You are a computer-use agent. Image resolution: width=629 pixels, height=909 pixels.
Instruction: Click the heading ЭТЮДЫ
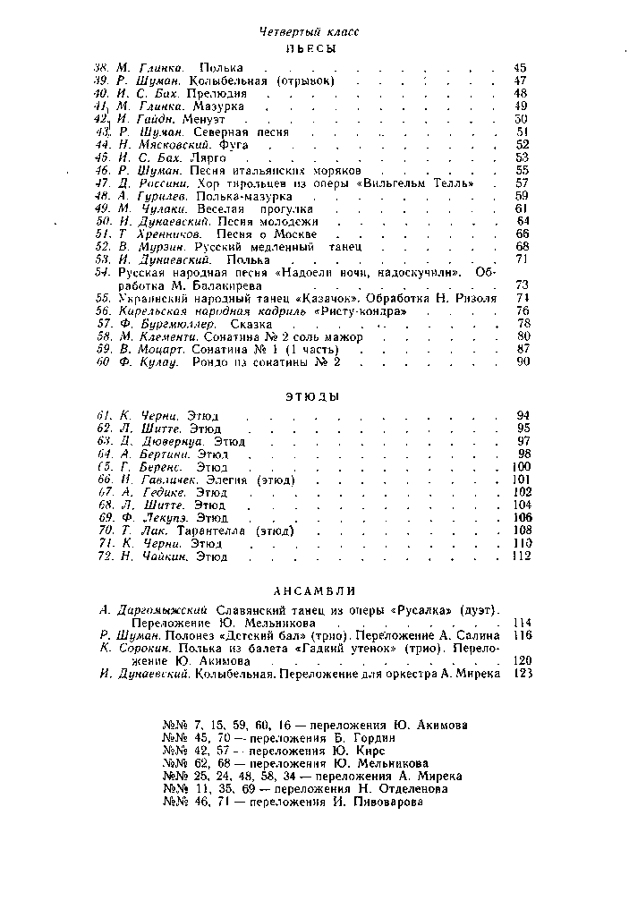(313, 397)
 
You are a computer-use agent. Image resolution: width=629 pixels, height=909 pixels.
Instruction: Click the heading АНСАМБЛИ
(313, 590)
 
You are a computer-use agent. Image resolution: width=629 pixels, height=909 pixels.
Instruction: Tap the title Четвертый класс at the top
(309, 31)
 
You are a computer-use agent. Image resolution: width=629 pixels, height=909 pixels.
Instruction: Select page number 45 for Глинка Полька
(521, 67)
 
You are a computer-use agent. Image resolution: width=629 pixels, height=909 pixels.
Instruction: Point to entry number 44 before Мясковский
(104, 144)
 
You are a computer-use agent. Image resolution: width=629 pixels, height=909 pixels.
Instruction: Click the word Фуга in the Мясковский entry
(232, 144)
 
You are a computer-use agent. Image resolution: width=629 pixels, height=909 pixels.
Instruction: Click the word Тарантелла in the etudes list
(213, 531)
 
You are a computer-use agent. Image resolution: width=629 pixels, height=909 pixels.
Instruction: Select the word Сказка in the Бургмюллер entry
(251, 324)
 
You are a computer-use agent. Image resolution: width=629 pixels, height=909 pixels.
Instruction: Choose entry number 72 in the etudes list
(104, 556)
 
